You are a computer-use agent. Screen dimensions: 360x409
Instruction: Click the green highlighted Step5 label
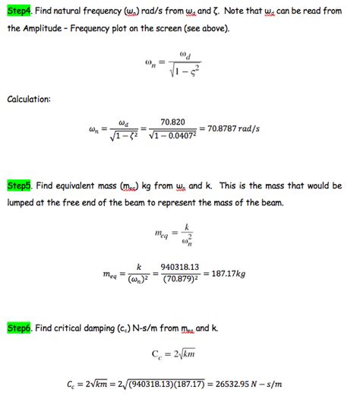[17, 185]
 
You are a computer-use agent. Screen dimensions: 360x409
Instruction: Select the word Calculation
[30, 99]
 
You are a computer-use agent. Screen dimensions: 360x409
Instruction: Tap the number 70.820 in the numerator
[173, 121]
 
